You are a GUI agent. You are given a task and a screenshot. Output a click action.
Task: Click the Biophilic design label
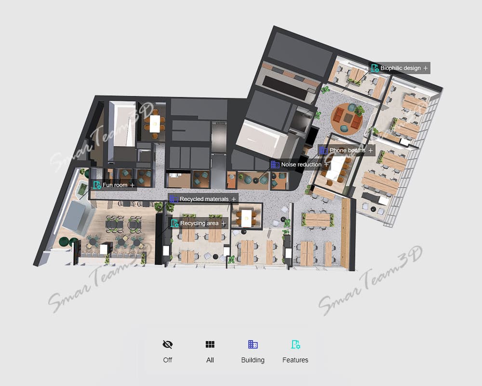(399, 68)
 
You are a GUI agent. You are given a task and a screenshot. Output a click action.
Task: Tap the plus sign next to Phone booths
(370, 150)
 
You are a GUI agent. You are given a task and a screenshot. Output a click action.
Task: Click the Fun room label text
(115, 185)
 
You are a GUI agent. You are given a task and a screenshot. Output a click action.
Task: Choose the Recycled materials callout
(203, 199)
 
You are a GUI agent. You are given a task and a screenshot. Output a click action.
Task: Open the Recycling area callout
(198, 223)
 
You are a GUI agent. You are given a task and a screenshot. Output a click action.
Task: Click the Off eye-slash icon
(168, 344)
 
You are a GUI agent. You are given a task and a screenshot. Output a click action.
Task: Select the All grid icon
(210, 344)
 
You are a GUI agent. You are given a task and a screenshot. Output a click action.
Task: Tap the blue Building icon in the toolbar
(253, 344)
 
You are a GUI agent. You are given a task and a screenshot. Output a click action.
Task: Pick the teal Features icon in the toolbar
(295, 344)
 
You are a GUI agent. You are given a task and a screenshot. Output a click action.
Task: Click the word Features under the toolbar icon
(295, 360)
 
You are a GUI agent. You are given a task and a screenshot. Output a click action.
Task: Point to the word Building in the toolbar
(253, 360)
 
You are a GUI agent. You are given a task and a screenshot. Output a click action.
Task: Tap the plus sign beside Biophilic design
(426, 68)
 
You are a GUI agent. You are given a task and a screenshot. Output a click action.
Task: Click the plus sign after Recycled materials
(234, 199)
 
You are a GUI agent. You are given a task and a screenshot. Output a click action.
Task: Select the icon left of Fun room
(97, 185)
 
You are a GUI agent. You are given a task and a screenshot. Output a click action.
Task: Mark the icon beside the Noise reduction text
(275, 165)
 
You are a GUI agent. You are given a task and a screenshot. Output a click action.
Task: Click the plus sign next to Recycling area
(224, 223)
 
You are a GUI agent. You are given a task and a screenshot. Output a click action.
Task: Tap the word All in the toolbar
(210, 360)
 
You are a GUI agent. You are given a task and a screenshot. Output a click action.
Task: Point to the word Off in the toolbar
(168, 360)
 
